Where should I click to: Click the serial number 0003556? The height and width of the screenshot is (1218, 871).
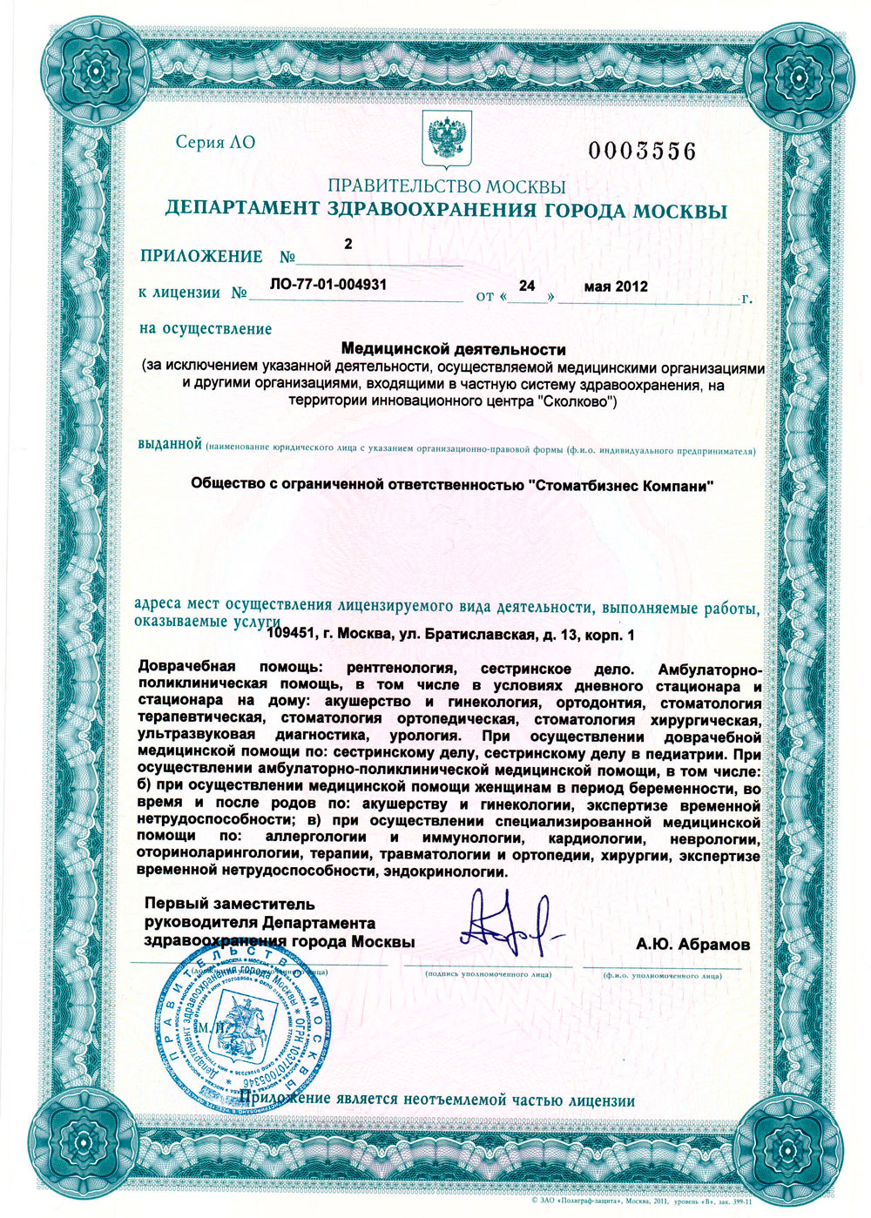click(642, 151)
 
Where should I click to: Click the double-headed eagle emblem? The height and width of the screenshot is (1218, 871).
click(447, 140)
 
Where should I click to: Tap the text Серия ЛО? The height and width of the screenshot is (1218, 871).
click(215, 142)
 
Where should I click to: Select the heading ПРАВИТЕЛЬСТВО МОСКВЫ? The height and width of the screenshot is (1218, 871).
click(446, 186)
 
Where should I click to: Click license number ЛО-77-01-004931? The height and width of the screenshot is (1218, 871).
click(328, 284)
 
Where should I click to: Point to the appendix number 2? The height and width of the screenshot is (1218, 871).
click(348, 245)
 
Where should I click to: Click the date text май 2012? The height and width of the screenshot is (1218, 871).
click(616, 286)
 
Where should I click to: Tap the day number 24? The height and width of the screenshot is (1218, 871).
click(526, 286)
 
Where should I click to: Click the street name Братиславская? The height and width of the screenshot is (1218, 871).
click(478, 635)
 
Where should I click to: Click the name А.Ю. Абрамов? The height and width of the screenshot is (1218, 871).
click(692, 944)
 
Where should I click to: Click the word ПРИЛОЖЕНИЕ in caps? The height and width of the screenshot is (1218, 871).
click(201, 256)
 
